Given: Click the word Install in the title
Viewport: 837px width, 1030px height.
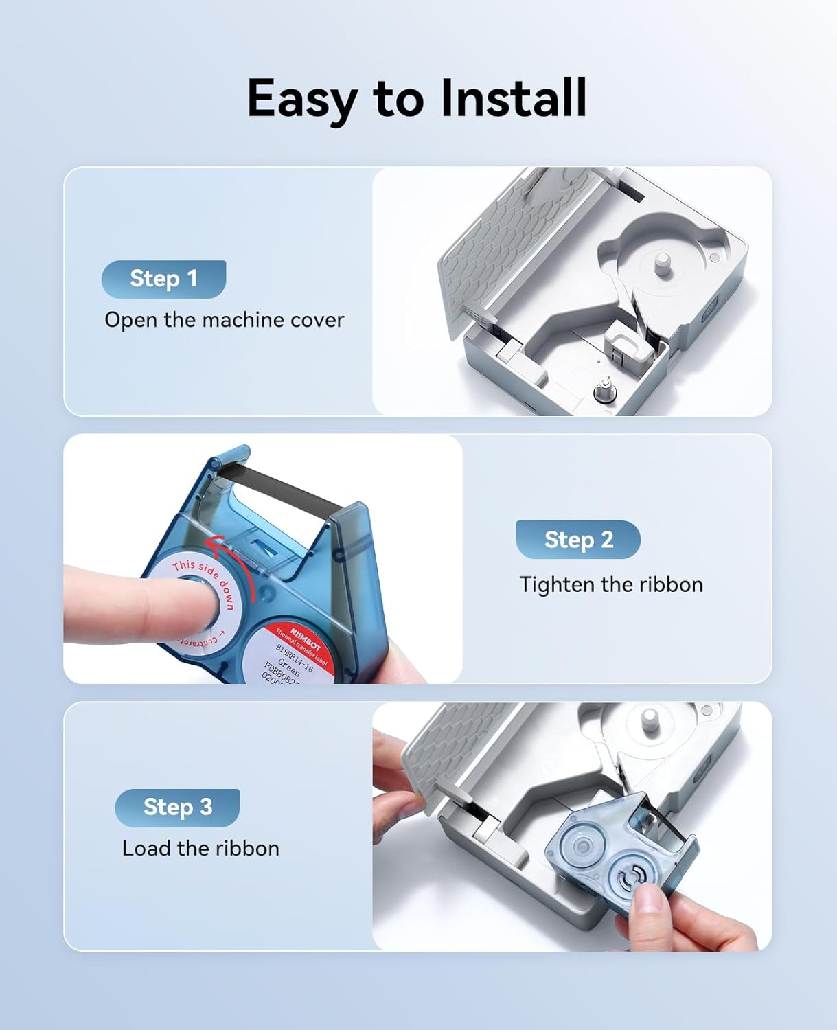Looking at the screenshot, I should pyautogui.click(x=513, y=98).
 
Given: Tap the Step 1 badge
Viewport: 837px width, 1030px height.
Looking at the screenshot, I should pyautogui.click(x=163, y=279).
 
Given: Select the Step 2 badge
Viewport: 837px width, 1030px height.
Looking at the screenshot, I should pyautogui.click(x=578, y=540).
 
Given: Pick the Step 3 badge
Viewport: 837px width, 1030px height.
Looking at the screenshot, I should pyautogui.click(x=177, y=808).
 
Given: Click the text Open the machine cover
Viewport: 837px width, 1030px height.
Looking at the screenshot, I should pyautogui.click(x=224, y=320).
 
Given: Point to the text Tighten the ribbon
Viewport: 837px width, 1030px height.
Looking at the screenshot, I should pyautogui.click(x=611, y=584).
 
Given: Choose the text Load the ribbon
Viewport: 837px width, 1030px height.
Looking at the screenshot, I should pyautogui.click(x=200, y=849).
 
